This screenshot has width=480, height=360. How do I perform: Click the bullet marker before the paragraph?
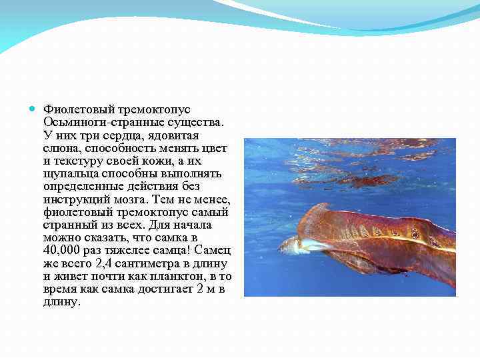pos(33,109)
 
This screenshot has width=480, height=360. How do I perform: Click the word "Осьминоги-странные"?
pos(96,122)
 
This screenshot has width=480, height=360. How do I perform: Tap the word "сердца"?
pos(129,135)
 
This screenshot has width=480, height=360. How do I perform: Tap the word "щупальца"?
pos(69,173)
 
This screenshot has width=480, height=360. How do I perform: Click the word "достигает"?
pos(173,289)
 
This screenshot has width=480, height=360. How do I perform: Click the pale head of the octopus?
pos(291,245)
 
